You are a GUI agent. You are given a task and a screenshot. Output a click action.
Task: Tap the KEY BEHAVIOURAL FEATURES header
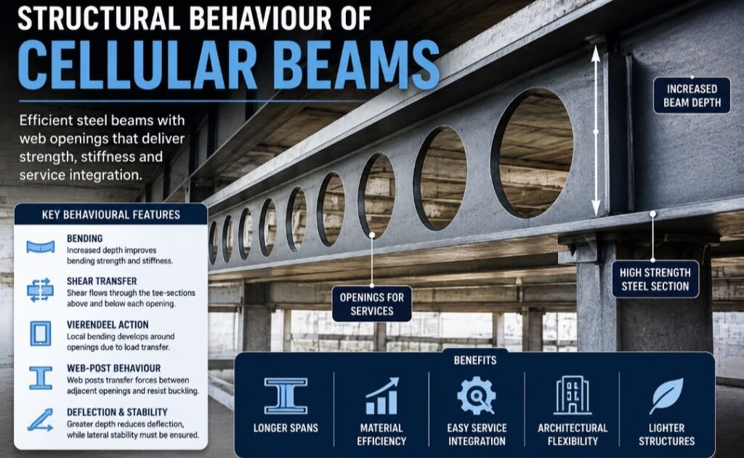[x=111, y=214]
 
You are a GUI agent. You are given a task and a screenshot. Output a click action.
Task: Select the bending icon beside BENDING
[x=41, y=246]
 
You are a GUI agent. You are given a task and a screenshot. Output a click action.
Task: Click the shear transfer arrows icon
[x=41, y=290]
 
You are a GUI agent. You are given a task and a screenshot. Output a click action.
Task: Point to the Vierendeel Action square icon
[x=41, y=333]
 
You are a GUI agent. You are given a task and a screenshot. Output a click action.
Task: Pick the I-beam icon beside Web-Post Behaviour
[x=41, y=378]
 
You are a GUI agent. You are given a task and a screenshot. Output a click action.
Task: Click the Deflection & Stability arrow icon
[x=41, y=420]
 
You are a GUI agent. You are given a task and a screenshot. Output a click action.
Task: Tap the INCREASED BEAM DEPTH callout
[x=692, y=95]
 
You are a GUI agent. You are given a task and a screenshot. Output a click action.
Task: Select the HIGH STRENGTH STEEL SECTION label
[x=655, y=279]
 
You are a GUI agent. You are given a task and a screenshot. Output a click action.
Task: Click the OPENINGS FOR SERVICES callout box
[x=371, y=304]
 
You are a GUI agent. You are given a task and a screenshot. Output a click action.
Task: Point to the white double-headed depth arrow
[x=596, y=131]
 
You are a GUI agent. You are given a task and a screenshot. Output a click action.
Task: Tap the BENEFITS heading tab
[x=475, y=361]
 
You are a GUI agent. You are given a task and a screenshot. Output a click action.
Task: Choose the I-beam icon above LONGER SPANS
[x=286, y=395]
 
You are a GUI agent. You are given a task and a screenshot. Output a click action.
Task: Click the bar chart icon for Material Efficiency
[x=382, y=395]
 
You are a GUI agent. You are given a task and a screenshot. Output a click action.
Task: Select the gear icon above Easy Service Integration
[x=477, y=395]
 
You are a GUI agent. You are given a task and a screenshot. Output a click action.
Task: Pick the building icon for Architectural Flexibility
[x=573, y=395]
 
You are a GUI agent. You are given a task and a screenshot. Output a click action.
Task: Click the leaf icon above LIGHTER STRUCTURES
[x=667, y=395]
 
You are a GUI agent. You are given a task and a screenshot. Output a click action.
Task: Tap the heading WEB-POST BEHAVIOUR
[x=114, y=369]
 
